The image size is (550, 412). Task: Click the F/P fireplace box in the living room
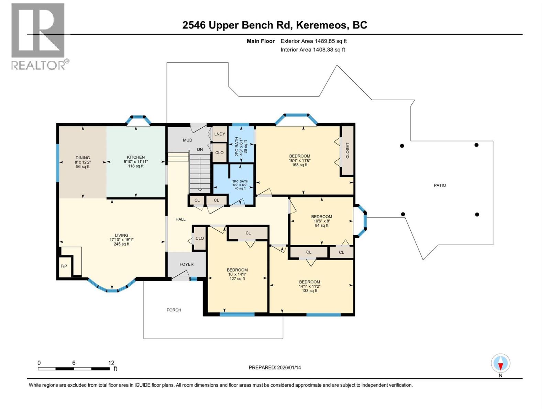pos(64,266)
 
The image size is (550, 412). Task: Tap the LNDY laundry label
pos(219,134)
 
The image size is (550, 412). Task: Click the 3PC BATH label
pos(240,181)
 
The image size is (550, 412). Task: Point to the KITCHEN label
pos(136,157)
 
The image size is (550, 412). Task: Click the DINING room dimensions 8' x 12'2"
pos(82,162)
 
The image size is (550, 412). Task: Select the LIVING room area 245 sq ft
pos(121,244)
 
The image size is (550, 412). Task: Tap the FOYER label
pos(186,264)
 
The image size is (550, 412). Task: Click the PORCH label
pos(174,310)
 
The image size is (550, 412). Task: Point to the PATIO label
pos(440,185)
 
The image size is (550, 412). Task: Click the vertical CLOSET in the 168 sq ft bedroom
pos(347,150)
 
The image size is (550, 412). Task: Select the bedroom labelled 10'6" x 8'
pos(321,221)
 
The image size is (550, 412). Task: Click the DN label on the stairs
pos(200,149)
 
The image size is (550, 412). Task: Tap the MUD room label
pos(187,140)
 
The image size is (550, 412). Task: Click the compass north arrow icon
pos(500,364)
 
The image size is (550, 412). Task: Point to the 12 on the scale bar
pos(111,363)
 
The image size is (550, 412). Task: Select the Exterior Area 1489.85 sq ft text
pos(313,41)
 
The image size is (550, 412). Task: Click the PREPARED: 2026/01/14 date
pos(275,367)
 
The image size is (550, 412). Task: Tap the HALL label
pos(180,219)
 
